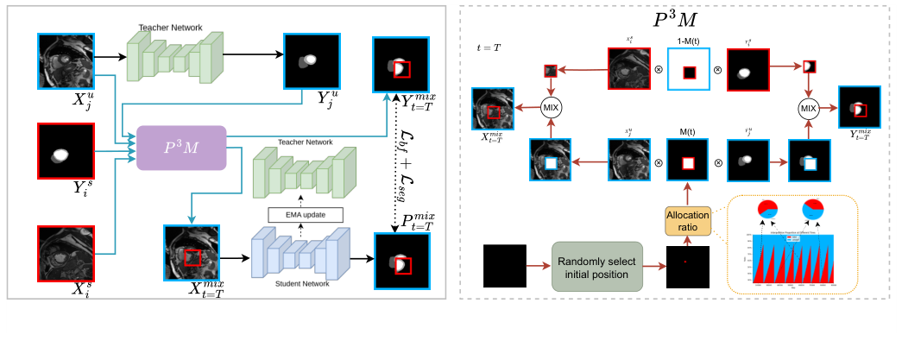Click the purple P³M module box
click(x=181, y=148)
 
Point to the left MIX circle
click(x=552, y=108)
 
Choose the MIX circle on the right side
click(x=808, y=108)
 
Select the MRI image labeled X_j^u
click(x=64, y=61)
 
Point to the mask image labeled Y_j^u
click(x=311, y=61)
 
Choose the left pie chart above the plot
click(x=769, y=212)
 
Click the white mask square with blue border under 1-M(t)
click(x=687, y=70)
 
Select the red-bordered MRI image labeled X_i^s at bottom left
click(x=64, y=251)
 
